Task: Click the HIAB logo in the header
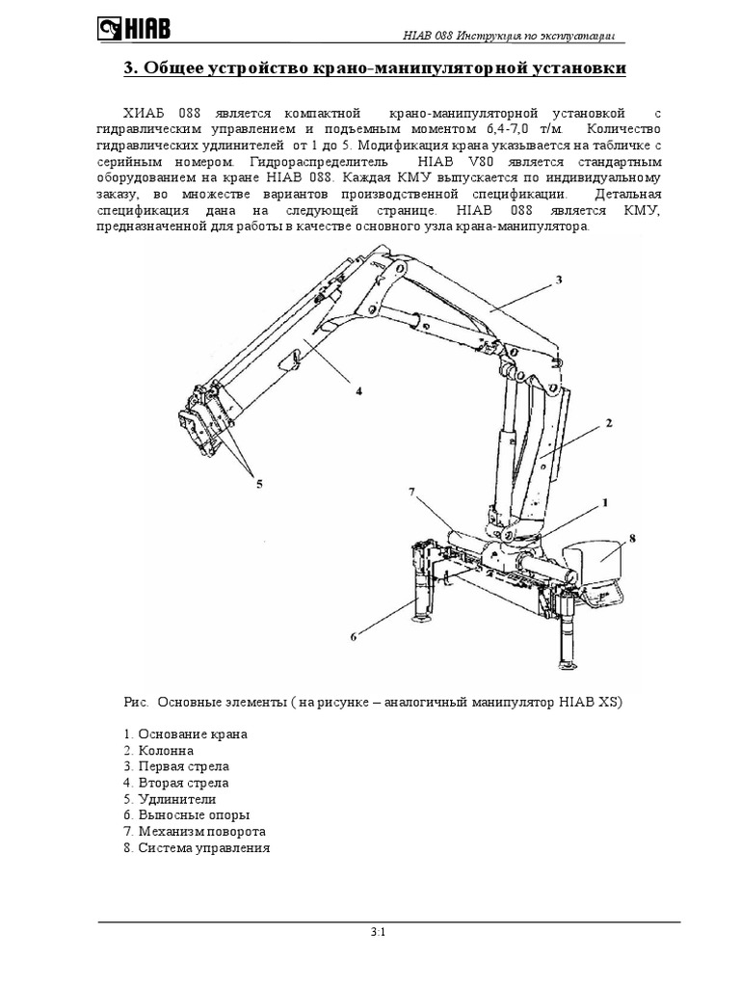pyautogui.click(x=134, y=29)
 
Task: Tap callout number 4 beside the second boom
pyautogui.click(x=357, y=390)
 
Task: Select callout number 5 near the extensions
pyautogui.click(x=258, y=485)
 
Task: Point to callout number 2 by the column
pyautogui.click(x=609, y=422)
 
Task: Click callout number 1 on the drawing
pyautogui.click(x=605, y=502)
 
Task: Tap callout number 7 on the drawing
pyautogui.click(x=411, y=492)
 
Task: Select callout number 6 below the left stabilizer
pyautogui.click(x=354, y=636)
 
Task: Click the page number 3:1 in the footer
pyautogui.click(x=377, y=932)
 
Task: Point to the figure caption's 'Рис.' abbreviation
pyautogui.click(x=136, y=702)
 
